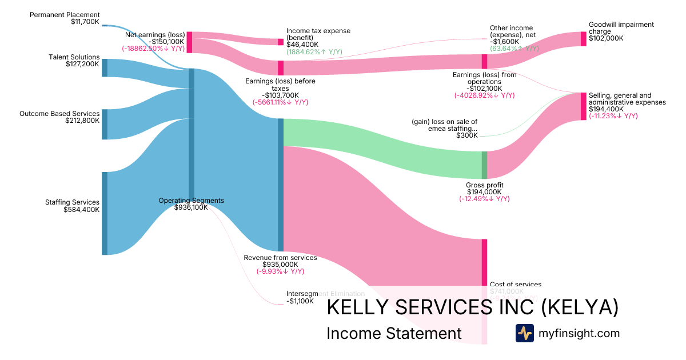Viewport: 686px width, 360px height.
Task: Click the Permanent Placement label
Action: [65, 15]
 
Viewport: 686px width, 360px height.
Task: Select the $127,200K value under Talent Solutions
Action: [82, 64]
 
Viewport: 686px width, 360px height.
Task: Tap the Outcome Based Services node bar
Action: [105, 124]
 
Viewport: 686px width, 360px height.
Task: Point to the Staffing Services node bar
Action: [105, 213]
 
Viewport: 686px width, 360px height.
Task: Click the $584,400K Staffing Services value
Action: [82, 209]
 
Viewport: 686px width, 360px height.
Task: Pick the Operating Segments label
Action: [191, 201]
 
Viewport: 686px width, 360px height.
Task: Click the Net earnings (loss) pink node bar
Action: [189, 42]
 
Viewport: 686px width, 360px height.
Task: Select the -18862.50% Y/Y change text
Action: [153, 49]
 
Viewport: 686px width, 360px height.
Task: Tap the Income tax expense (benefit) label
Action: [318, 34]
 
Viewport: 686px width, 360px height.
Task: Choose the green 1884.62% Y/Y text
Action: [314, 51]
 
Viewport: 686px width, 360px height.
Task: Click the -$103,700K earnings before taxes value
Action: [280, 95]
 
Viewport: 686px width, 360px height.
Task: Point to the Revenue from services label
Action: [280, 258]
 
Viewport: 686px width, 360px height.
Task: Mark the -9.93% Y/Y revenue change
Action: [280, 271]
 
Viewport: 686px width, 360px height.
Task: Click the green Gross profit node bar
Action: [484, 165]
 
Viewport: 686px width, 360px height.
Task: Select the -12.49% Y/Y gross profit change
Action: [484, 199]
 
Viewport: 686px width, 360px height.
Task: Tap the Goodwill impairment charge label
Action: [621, 28]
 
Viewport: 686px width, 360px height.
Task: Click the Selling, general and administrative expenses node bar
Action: [583, 105]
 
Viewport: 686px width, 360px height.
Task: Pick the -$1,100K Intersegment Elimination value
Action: [300, 301]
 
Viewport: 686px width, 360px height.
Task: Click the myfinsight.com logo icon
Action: [524, 333]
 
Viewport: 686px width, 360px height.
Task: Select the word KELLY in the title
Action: [355, 307]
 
